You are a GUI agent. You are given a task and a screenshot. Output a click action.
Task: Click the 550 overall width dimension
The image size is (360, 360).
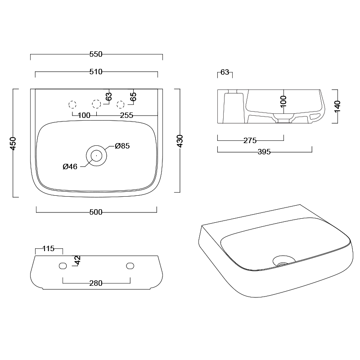point(96,54)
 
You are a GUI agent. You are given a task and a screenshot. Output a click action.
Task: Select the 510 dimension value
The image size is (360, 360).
point(96,72)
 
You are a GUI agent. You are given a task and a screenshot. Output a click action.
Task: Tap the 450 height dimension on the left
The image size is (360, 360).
point(13,143)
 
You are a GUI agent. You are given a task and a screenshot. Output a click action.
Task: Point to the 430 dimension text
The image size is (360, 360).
point(180,141)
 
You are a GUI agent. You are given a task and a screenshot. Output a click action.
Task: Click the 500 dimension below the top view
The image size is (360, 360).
point(96,212)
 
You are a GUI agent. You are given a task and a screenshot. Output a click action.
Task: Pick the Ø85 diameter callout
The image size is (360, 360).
point(122,146)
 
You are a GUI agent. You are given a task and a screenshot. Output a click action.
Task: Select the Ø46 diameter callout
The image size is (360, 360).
point(70,166)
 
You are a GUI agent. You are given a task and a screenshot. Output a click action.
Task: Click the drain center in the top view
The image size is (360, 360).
point(96,156)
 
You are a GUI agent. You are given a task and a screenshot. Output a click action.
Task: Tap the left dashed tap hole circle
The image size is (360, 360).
point(72,104)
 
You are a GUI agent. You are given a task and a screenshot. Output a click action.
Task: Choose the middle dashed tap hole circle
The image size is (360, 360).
point(96,104)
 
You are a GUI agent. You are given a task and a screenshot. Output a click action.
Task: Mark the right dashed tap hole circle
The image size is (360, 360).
point(120,104)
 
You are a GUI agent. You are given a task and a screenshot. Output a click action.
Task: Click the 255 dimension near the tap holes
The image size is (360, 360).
point(127,116)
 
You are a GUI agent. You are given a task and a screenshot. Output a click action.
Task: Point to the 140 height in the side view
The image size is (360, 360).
point(338,106)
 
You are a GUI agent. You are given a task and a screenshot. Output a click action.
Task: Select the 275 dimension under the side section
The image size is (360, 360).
point(250,140)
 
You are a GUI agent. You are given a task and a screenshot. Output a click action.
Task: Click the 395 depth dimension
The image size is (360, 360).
point(264,152)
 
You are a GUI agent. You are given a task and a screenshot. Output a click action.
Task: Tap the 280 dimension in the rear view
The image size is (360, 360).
point(96,283)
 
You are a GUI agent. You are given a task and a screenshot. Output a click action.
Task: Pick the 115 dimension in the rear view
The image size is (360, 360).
point(48,248)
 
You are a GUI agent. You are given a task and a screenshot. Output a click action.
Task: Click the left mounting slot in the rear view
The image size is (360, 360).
point(63,266)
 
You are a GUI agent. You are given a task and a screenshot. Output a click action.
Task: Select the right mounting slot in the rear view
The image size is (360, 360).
point(130,266)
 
